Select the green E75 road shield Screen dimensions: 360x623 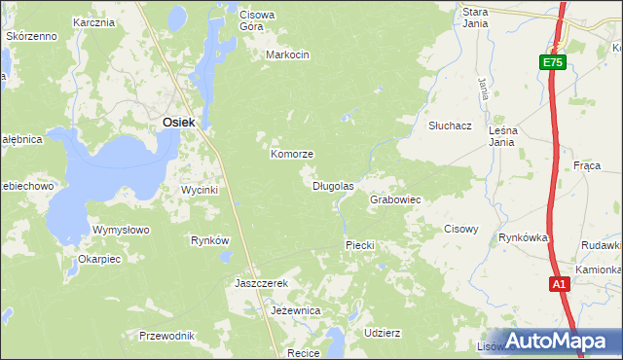click(x=552, y=62)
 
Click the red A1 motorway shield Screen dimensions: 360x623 click(x=559, y=284)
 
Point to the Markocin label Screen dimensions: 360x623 click(x=287, y=55)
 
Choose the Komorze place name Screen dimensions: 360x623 click(x=291, y=155)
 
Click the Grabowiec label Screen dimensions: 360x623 click(x=394, y=199)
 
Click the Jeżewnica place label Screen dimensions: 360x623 click(x=295, y=311)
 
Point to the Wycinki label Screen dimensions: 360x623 click(x=200, y=190)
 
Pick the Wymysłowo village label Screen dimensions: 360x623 click(x=120, y=231)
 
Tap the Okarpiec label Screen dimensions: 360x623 click(x=99, y=260)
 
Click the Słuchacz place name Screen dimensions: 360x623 click(x=450, y=126)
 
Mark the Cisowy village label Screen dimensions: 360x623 click(x=460, y=230)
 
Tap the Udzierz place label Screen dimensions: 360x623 click(x=382, y=333)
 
